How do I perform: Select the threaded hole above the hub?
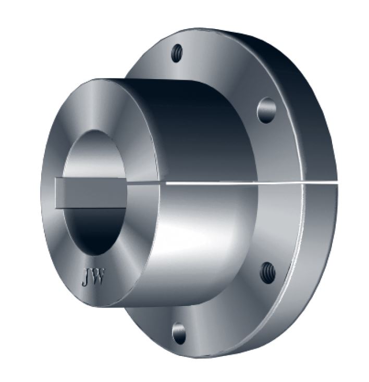(178, 53)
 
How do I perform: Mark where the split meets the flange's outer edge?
(334, 184)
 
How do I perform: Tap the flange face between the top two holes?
(224, 73)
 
